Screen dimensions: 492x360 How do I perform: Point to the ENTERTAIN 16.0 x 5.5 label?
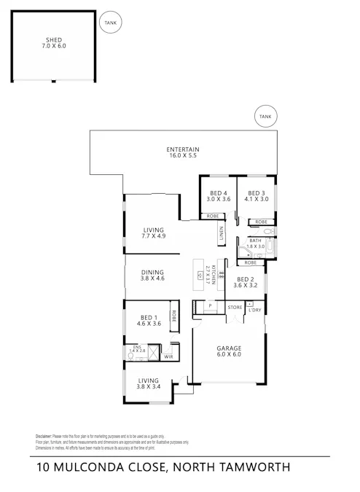183,152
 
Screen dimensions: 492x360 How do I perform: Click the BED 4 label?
218,195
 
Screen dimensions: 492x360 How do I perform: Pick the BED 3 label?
257,195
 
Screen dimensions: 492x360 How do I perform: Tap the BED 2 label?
246,282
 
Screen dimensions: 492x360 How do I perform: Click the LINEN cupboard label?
221,235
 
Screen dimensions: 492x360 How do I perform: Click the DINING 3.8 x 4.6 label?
152,275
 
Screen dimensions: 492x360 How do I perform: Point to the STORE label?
234,308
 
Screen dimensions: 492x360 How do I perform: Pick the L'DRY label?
254,311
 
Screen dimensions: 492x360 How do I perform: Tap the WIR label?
168,357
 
